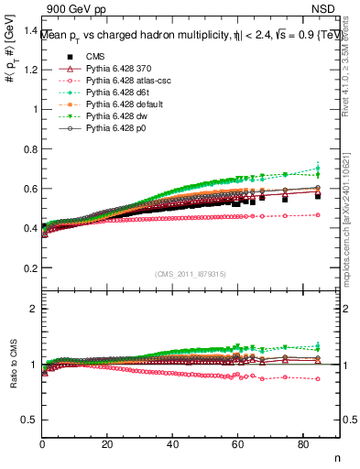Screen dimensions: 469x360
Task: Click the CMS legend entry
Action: coord(82,56)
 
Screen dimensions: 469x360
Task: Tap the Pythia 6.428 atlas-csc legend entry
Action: coord(112,81)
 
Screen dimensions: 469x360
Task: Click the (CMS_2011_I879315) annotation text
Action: coord(191,274)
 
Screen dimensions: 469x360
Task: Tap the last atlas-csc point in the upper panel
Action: coord(318,214)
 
